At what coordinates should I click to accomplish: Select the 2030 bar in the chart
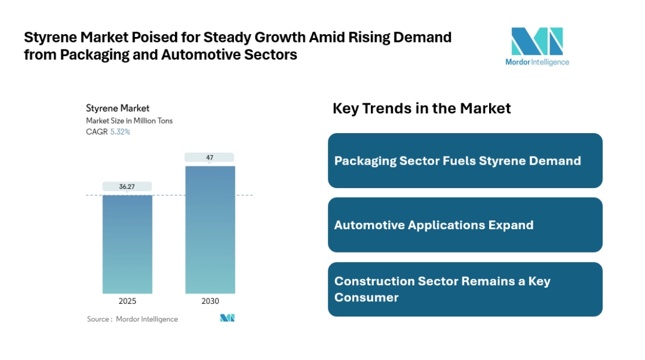coord(210,229)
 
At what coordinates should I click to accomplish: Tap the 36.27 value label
coord(127,187)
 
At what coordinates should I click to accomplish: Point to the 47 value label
coord(210,158)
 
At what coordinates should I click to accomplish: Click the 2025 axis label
coord(127,301)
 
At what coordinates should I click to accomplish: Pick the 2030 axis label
coord(210,301)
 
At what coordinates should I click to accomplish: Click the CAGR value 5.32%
coord(120,132)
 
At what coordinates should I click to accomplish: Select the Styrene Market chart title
coord(118,108)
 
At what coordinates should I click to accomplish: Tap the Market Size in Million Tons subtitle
coord(130,121)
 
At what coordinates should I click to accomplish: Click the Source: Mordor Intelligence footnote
coord(133,319)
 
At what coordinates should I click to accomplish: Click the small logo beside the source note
coord(228,318)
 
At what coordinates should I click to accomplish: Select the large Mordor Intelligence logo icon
coord(537,41)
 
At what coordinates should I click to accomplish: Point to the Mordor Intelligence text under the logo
coord(537,62)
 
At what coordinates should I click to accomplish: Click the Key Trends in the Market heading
coord(422,108)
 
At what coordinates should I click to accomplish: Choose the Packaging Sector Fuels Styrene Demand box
coord(465,161)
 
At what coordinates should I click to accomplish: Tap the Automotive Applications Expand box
coord(465,225)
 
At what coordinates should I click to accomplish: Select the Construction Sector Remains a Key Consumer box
coord(465,289)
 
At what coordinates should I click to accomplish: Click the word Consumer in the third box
coord(366,297)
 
